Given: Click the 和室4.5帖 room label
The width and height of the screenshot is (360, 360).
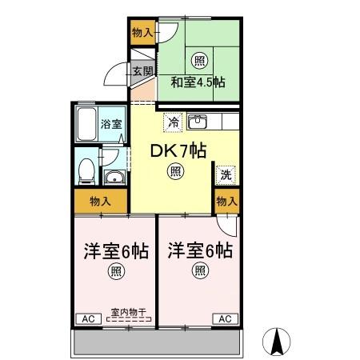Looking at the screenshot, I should coord(196,82).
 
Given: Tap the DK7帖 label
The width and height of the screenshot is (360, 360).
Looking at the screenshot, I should coord(174,149).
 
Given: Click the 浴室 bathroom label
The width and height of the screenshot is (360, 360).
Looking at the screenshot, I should coord(111,124).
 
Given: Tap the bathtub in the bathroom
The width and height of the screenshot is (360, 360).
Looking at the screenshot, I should coord(85,124).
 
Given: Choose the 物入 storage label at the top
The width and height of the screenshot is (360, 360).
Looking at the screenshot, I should coord(142,33).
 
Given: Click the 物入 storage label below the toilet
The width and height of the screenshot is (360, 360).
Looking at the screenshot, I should coord(100,201).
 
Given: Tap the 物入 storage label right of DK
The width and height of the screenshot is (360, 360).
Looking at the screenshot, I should coord(227,201).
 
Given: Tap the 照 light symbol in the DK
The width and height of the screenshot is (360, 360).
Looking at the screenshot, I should coord(174,169).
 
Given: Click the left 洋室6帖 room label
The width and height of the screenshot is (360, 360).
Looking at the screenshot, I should coord(116,251).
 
